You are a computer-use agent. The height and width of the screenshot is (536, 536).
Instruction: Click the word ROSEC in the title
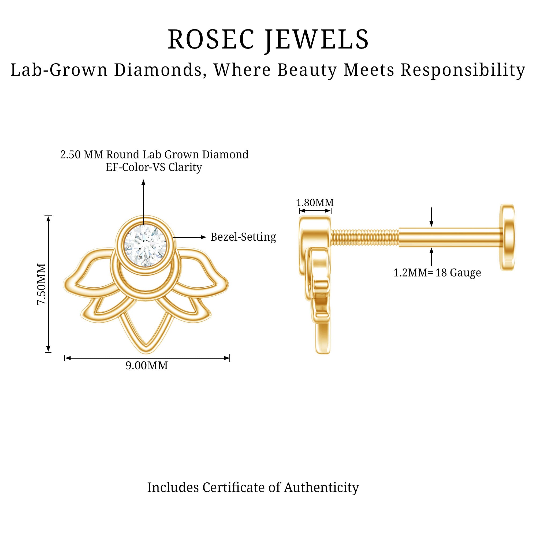pyautogui.click(x=211, y=39)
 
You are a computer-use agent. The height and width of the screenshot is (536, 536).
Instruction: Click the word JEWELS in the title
pyautogui.click(x=317, y=40)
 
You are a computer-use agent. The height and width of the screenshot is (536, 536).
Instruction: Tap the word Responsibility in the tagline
pyautogui.click(x=463, y=70)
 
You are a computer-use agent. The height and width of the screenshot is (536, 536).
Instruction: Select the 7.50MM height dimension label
pyautogui.click(x=41, y=284)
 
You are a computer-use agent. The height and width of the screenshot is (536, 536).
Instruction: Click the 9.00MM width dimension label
pyautogui.click(x=147, y=365)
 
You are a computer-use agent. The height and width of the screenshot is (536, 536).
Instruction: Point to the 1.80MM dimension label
pyautogui.click(x=315, y=203)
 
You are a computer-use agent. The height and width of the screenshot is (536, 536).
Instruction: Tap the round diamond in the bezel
pyautogui.click(x=145, y=245)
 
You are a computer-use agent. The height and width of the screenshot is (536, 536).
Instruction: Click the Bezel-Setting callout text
pyautogui.click(x=243, y=237)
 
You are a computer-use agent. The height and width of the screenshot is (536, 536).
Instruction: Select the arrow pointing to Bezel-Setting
pyautogui.click(x=190, y=237)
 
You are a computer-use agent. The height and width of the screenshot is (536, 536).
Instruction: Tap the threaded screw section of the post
pyautogui.click(x=365, y=237)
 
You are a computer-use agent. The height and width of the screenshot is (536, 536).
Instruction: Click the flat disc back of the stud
pyautogui.click(x=507, y=237)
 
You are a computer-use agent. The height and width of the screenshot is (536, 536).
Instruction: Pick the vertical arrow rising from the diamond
pyautogui.click(x=143, y=202)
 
